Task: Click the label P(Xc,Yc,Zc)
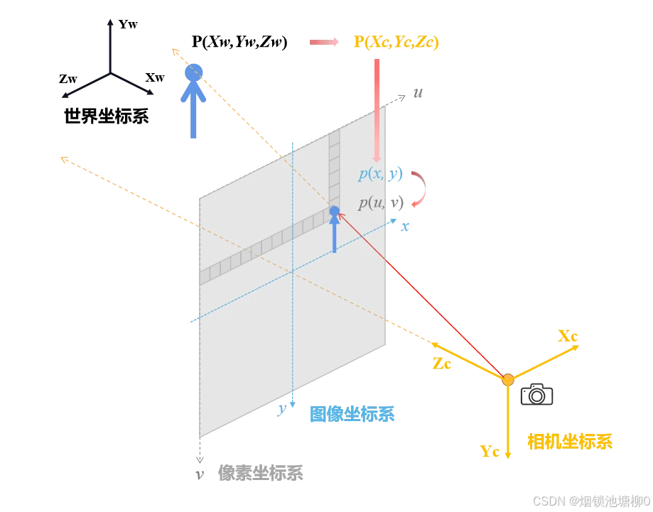click(x=396, y=43)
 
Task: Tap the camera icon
click(x=536, y=394)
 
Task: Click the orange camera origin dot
click(x=507, y=380)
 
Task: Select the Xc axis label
click(x=568, y=336)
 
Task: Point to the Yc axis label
click(x=490, y=452)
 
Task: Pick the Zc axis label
click(x=442, y=364)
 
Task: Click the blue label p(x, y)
click(x=381, y=173)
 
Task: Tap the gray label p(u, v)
click(x=381, y=202)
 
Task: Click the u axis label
click(x=418, y=93)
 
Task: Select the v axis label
click(x=200, y=474)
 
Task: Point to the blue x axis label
click(x=405, y=227)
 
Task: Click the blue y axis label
click(x=282, y=409)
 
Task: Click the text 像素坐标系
click(x=261, y=473)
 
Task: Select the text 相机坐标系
click(x=570, y=441)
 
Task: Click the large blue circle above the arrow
click(x=193, y=72)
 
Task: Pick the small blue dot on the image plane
click(x=335, y=211)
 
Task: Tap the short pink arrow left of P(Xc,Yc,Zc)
click(x=323, y=43)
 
